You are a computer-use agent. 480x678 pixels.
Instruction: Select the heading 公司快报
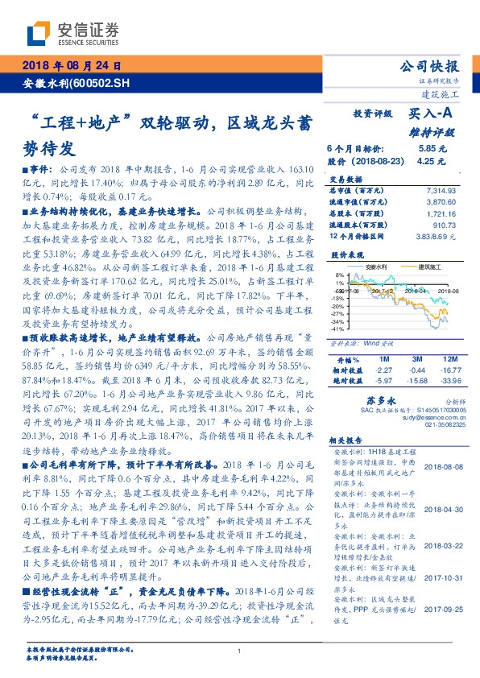click(429, 66)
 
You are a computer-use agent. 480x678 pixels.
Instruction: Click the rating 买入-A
click(430, 115)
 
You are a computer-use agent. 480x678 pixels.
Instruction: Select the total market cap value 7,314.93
click(441, 189)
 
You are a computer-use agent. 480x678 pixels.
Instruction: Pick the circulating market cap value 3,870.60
click(441, 201)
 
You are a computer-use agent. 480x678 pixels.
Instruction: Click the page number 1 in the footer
click(240, 651)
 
